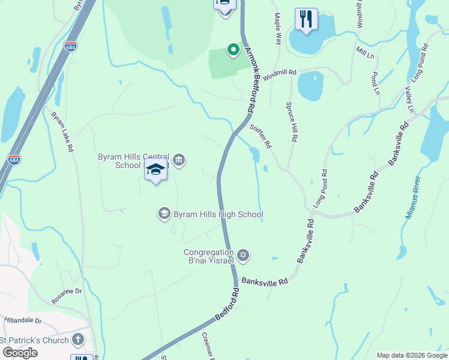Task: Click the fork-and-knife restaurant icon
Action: (x=306, y=20)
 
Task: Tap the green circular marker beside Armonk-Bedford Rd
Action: (x=232, y=50)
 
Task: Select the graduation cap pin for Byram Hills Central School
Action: (x=155, y=170)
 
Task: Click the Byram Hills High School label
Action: (x=217, y=214)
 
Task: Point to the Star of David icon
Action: (x=243, y=256)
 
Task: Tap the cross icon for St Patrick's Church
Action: (x=77, y=340)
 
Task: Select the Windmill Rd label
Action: (x=280, y=73)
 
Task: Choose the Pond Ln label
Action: (x=376, y=83)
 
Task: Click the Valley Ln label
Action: (x=409, y=99)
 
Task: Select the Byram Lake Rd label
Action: (x=62, y=131)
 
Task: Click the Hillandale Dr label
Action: (x=22, y=321)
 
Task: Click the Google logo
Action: (x=19, y=353)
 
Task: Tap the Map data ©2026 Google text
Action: (x=411, y=355)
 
